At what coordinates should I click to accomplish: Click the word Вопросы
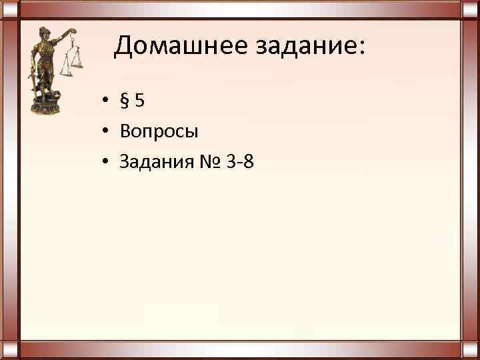[x=159, y=131]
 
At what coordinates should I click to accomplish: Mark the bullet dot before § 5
[x=106, y=103]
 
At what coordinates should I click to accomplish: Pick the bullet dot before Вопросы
[x=106, y=132]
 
